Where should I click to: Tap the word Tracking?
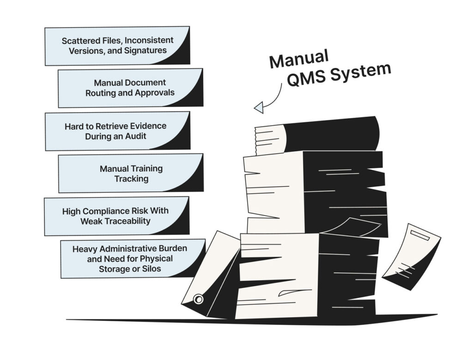tap(131, 179)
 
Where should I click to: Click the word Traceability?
tap(126, 221)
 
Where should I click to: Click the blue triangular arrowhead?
tap(259, 108)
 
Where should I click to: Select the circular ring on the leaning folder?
tap(199, 299)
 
